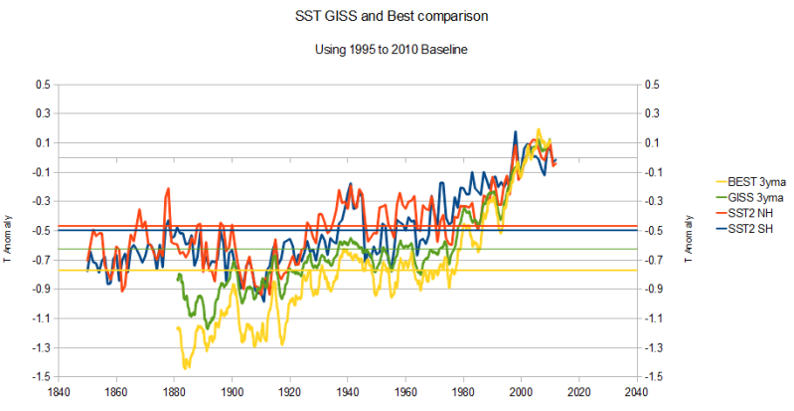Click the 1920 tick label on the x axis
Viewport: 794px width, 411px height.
(290, 392)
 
